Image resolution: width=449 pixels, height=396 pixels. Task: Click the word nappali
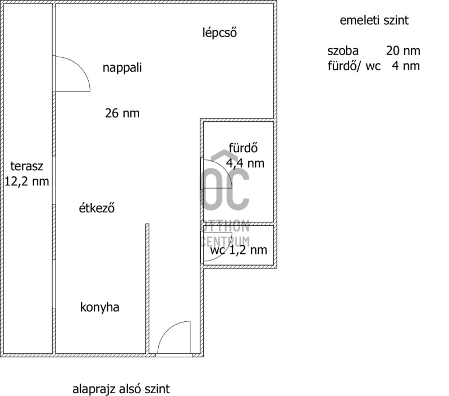tap(122, 68)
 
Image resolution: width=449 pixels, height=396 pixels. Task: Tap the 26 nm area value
tap(122, 113)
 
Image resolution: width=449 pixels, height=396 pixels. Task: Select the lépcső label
tap(219, 33)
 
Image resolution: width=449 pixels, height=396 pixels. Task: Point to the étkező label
tap(97, 208)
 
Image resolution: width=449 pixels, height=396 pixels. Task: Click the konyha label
tap(100, 307)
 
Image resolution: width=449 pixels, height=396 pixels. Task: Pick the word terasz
tap(26, 166)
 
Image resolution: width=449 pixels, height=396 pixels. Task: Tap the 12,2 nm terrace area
tap(26, 181)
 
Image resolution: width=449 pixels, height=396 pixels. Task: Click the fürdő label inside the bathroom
tap(243, 148)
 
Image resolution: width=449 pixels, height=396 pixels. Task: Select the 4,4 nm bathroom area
tap(245, 163)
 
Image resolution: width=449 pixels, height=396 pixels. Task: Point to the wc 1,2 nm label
tap(239, 250)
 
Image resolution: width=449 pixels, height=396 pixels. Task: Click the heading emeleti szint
tap(374, 20)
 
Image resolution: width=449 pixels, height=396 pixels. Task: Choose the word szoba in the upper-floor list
tap(343, 51)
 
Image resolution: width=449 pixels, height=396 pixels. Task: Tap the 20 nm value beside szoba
tap(403, 51)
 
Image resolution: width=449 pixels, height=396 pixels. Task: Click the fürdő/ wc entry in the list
tap(354, 66)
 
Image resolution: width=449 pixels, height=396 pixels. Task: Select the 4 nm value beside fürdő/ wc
tap(406, 66)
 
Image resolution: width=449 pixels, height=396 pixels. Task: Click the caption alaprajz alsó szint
tap(121, 389)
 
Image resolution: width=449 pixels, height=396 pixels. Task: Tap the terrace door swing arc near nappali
tap(80, 66)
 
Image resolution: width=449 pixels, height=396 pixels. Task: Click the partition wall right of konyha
tap(147, 289)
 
